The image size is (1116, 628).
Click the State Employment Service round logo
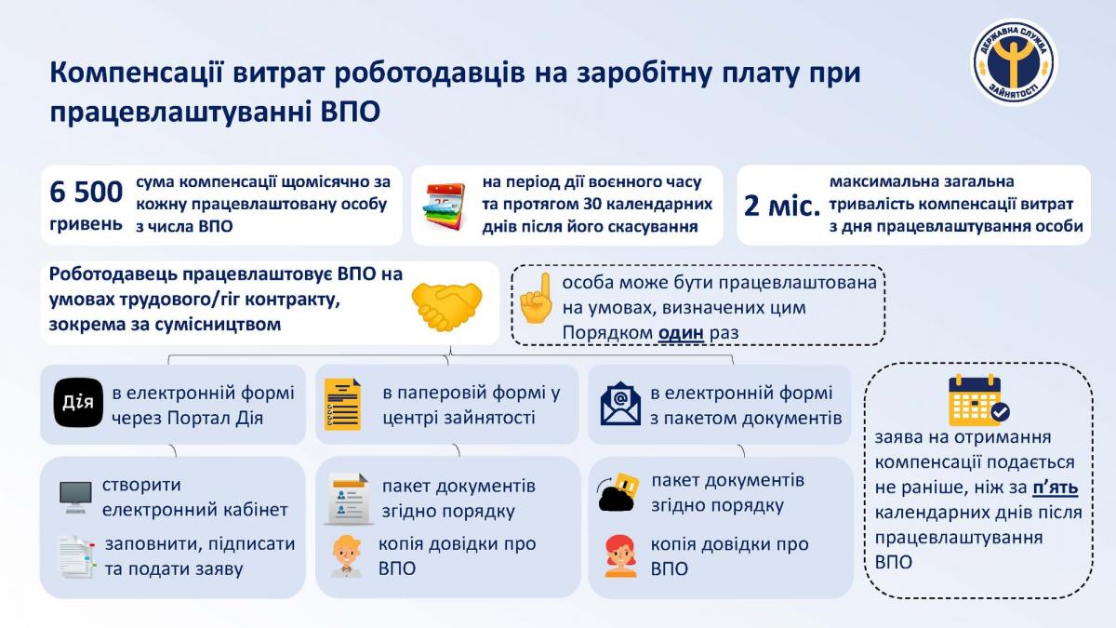1014,61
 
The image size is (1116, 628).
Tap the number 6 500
86,192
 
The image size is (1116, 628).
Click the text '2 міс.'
782,206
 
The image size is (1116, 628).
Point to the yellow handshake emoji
446,306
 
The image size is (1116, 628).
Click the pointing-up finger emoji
536,298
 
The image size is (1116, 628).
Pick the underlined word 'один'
681,332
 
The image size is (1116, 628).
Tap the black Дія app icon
78,403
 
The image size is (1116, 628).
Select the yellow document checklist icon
343,404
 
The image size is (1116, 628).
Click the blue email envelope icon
620,403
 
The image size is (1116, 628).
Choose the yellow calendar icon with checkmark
978,400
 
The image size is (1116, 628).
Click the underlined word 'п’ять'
1056,488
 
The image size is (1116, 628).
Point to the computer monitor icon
75,497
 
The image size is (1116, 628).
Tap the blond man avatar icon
347,556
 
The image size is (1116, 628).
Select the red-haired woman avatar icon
621,556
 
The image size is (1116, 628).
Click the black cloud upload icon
618,492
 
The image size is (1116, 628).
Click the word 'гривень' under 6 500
86,224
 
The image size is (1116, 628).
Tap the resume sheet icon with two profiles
349,499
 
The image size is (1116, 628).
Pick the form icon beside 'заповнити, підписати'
75,557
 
